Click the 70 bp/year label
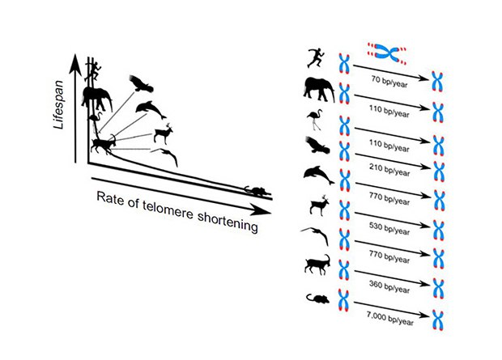point(389,81)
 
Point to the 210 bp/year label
point(389,170)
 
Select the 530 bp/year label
point(389,228)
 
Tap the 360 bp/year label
point(389,286)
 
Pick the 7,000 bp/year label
point(390,318)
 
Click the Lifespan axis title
point(58,105)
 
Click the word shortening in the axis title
point(228,221)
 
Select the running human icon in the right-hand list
point(316,58)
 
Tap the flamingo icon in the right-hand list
point(315,120)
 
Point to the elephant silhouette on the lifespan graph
point(97,100)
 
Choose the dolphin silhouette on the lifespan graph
point(151,109)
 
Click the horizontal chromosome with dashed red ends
point(387,53)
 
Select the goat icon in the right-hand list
point(317,265)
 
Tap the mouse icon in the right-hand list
point(317,299)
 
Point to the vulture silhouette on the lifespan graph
point(141,84)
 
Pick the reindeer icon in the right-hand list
point(320,205)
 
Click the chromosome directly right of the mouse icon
point(343,300)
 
